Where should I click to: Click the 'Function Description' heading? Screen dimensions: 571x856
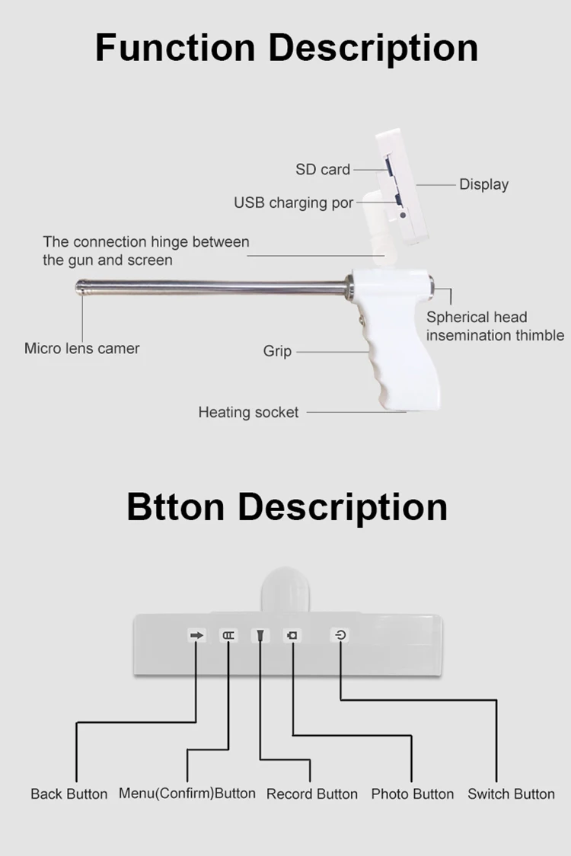(286, 47)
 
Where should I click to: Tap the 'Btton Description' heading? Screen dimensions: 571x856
(286, 507)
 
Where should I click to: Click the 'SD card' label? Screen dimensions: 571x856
(323, 170)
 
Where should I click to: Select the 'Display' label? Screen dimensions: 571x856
(483, 184)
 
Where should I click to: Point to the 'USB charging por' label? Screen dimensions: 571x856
(293, 203)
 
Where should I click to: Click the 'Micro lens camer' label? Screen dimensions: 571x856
(82, 349)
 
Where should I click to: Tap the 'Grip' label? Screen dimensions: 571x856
(277, 351)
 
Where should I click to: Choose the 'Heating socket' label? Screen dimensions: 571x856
(248, 412)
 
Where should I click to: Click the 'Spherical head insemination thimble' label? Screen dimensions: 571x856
(495, 326)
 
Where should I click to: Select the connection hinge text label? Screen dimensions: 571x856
(145, 251)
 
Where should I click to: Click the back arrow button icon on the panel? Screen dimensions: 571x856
(197, 635)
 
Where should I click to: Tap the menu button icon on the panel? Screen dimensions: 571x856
(228, 635)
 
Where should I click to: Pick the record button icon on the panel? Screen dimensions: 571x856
(260, 636)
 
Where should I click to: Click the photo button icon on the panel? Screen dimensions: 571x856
(292, 635)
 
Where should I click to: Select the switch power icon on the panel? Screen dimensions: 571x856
(340, 634)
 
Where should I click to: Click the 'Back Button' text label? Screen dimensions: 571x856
(69, 794)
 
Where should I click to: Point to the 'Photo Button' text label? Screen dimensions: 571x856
(412, 794)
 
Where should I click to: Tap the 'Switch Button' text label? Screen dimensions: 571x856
(511, 794)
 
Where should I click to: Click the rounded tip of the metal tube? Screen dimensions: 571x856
(80, 287)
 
